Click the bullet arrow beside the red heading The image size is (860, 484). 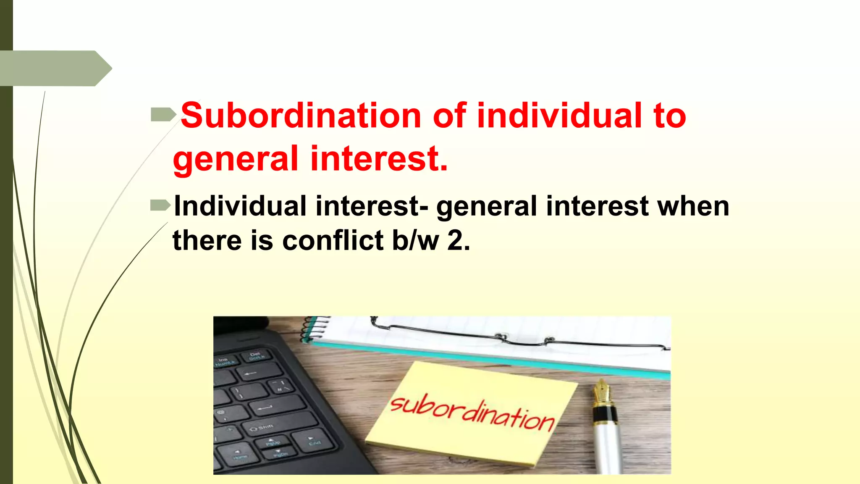[163, 114]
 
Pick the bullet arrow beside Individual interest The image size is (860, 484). [160, 205]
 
